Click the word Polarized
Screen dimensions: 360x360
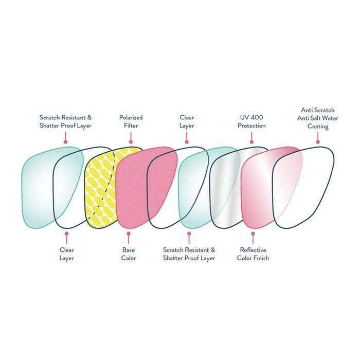(131, 117)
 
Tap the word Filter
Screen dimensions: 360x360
(131, 125)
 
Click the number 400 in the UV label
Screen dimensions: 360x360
(258, 117)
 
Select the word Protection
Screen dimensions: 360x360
(251, 125)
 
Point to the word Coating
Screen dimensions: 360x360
(317, 126)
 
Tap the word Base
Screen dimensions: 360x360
(129, 250)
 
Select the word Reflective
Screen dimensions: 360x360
(253, 250)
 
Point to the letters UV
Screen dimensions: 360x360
(244, 117)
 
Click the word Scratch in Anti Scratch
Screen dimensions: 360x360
(323, 110)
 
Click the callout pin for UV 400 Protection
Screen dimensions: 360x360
(251, 142)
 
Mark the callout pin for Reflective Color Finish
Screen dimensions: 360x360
(253, 234)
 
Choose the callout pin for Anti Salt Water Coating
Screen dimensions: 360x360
(318, 142)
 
